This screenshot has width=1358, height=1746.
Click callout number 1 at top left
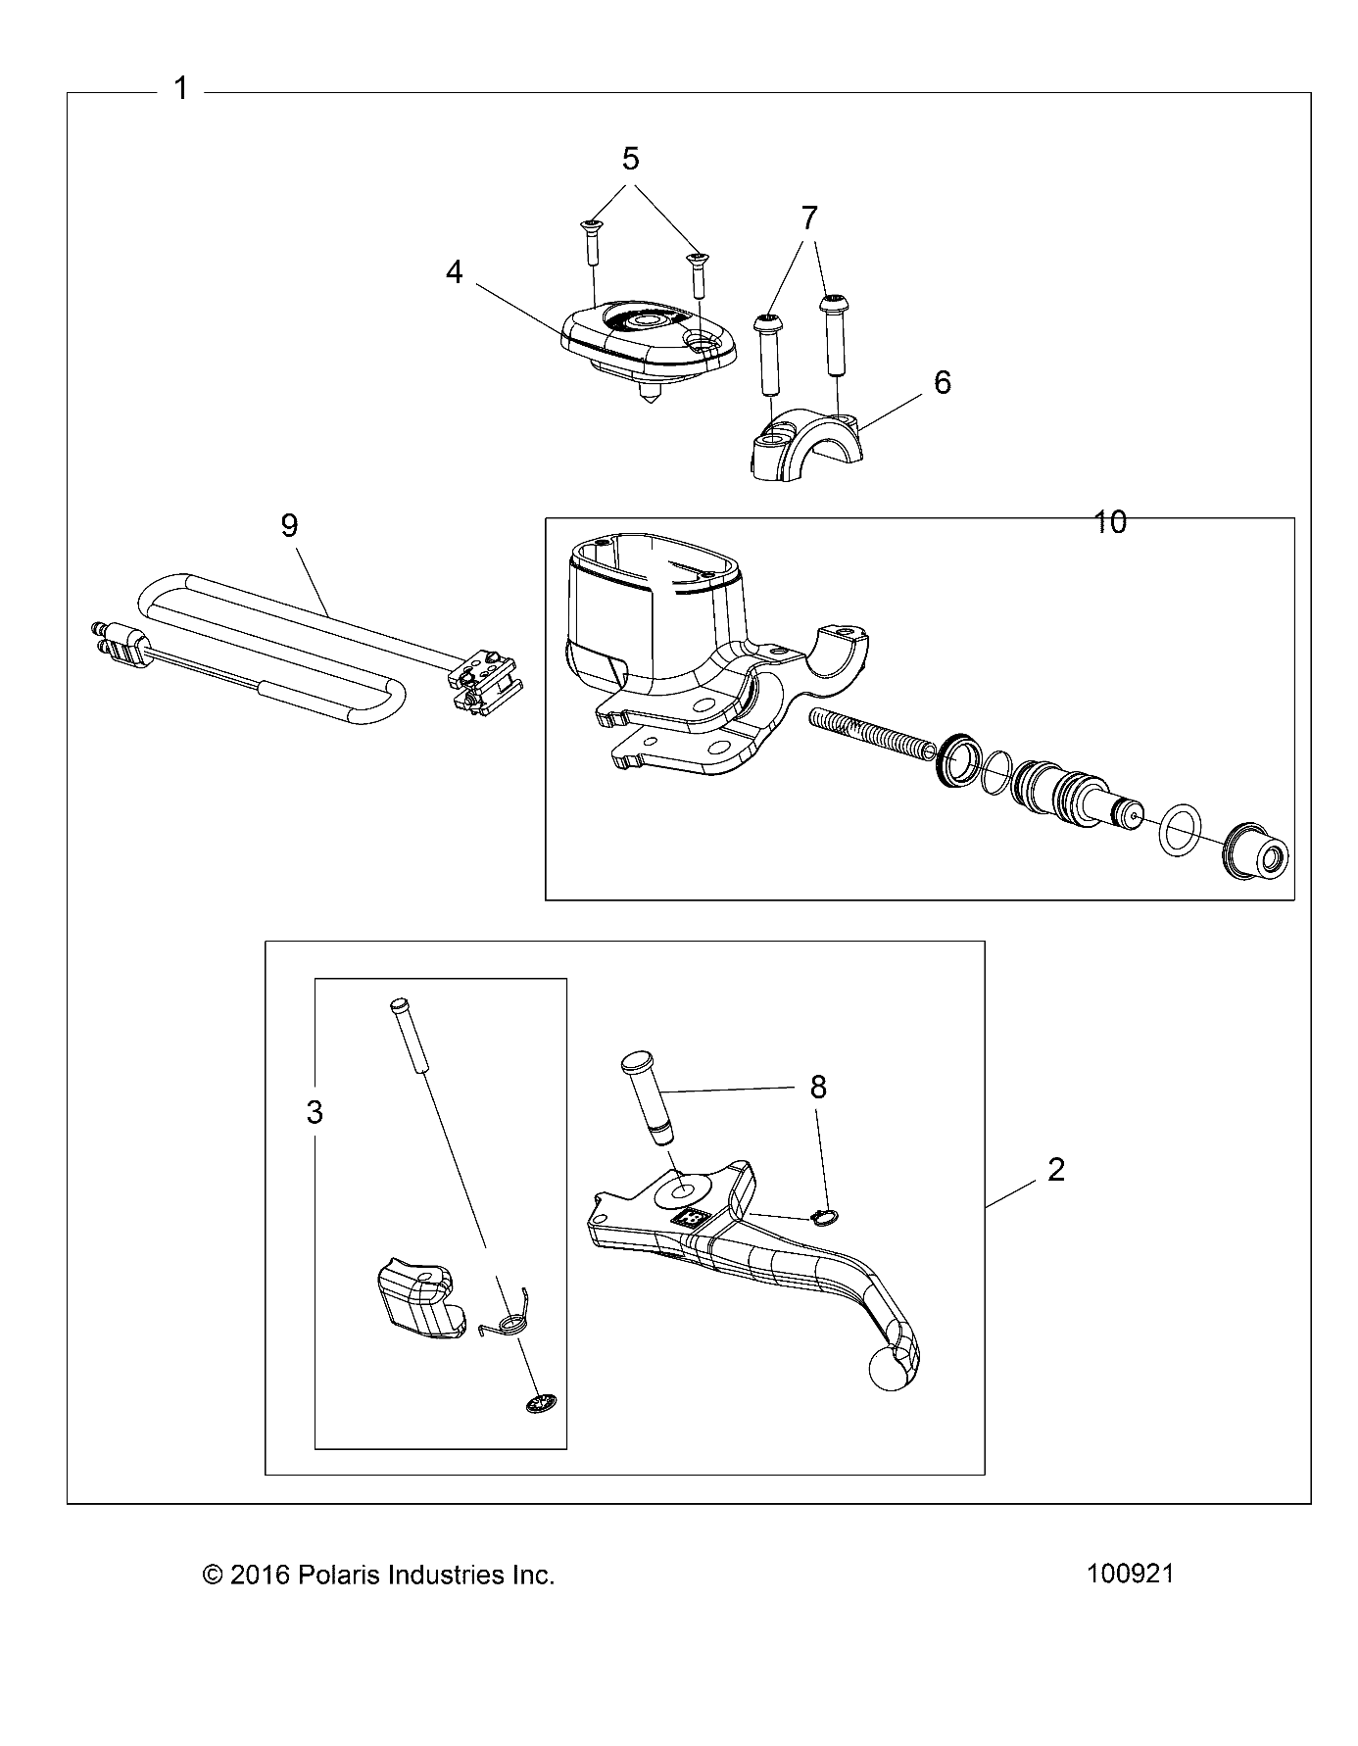(181, 89)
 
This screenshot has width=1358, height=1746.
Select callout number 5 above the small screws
(631, 158)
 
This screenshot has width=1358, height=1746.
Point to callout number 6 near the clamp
(943, 382)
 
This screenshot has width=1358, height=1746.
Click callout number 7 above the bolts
(808, 218)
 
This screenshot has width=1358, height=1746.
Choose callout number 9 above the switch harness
(289, 526)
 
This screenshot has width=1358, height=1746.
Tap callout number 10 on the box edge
(1110, 522)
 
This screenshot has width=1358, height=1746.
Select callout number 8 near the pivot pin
(818, 1087)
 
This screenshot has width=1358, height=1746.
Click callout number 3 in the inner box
(315, 1113)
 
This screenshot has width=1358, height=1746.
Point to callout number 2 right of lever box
(1056, 1169)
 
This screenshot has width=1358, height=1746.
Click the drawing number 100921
(1130, 1575)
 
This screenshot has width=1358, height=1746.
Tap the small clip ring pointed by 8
(826, 1218)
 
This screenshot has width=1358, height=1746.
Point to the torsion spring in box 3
(506, 1324)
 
